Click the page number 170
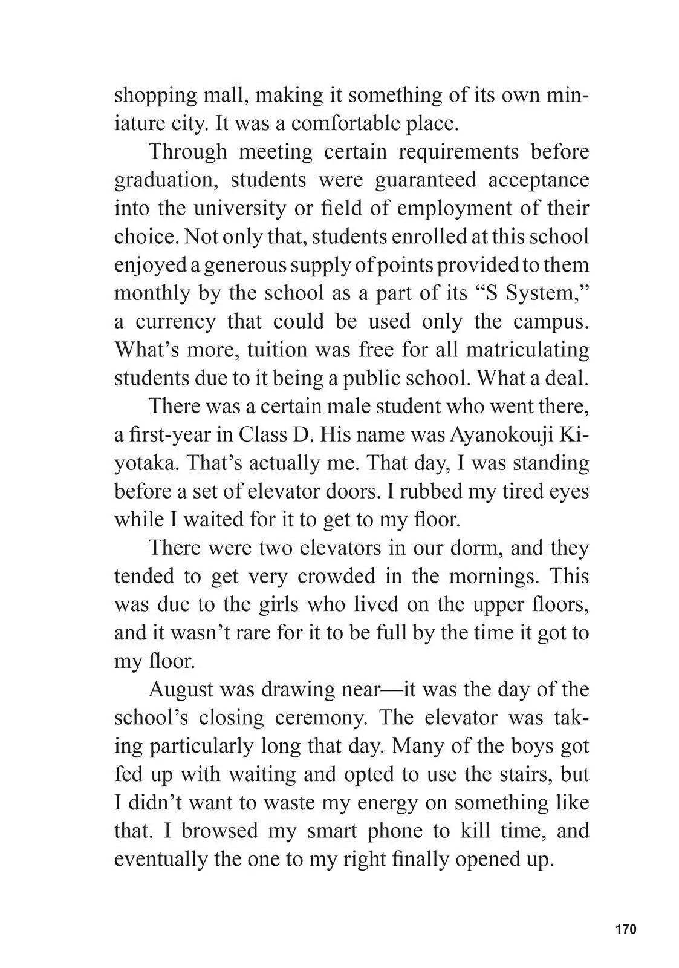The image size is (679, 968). (626, 929)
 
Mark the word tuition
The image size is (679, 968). (275, 350)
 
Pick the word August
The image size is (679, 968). (181, 689)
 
